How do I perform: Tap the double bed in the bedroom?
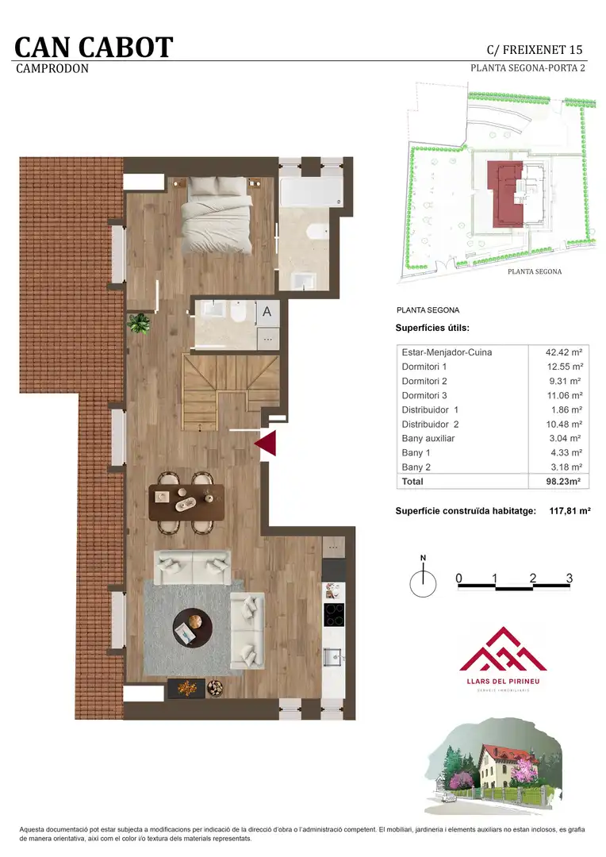click(217, 215)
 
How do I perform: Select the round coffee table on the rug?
click(192, 628)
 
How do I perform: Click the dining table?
click(186, 502)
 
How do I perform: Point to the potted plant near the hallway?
click(139, 322)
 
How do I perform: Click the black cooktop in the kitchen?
click(334, 614)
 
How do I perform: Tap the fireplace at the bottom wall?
click(186, 687)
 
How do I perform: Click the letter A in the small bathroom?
click(267, 312)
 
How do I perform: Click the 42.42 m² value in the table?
click(564, 352)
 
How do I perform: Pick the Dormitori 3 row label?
click(424, 395)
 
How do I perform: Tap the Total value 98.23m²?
click(563, 482)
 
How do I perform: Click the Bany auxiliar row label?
click(428, 438)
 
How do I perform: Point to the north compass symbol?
click(423, 580)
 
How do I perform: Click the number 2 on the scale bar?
click(533, 578)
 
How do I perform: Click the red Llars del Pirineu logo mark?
click(503, 649)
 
